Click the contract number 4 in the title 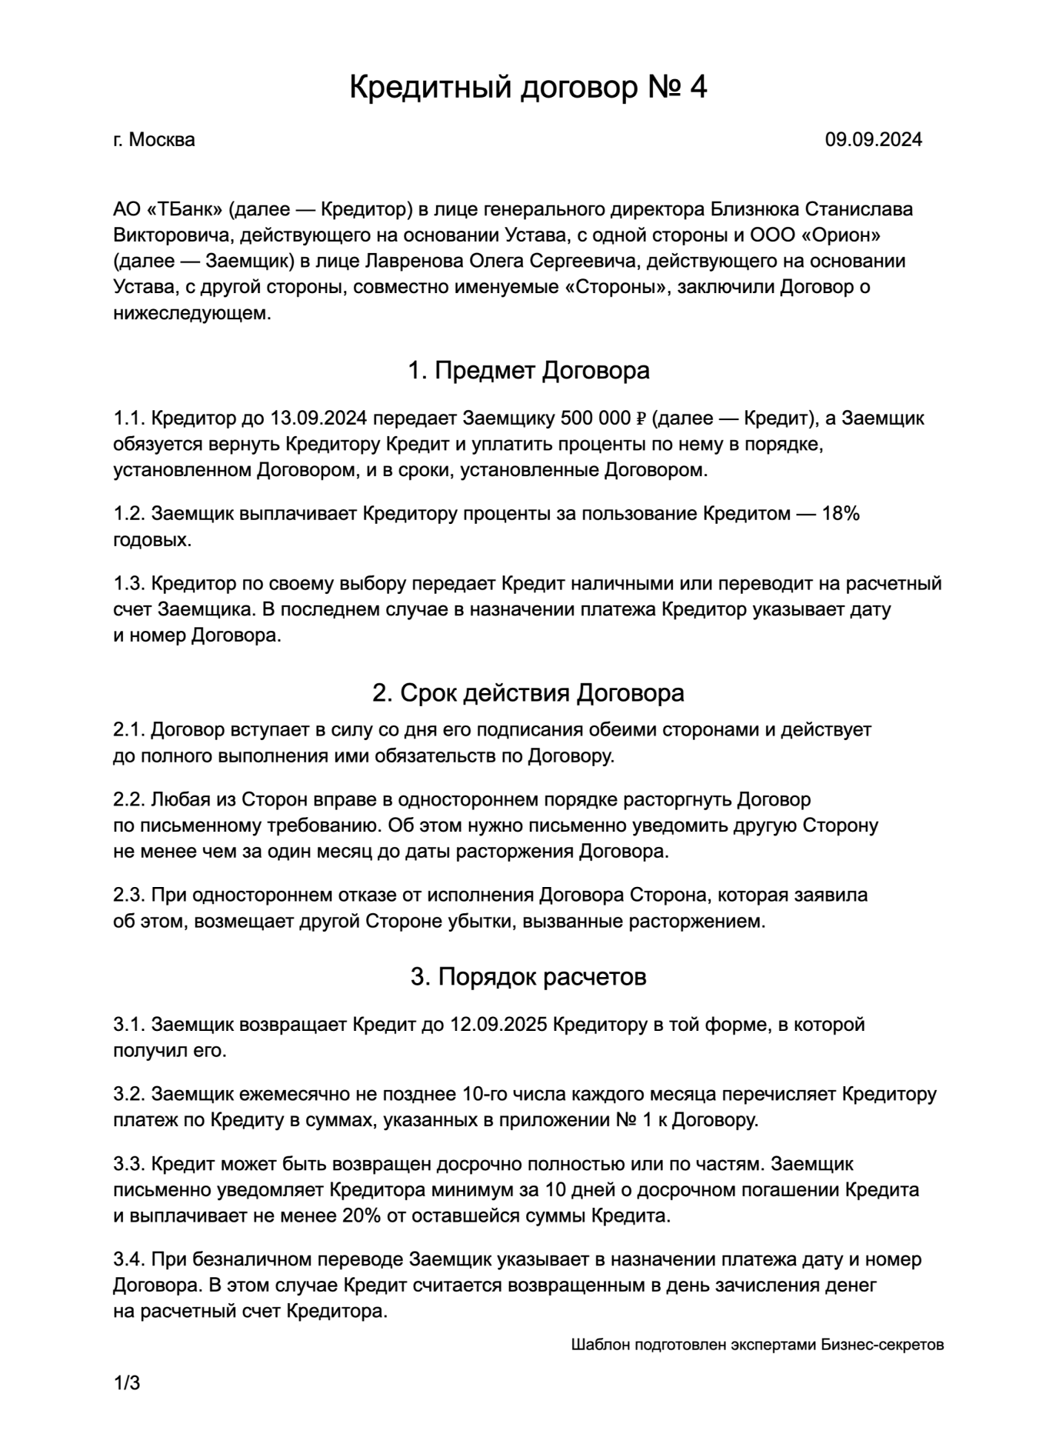[698, 88]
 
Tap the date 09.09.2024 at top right [874, 140]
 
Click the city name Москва [162, 140]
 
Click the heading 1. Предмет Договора [528, 371]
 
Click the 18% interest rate [841, 514]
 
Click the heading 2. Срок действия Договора [528, 693]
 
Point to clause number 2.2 [129, 800]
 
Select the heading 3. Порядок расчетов [528, 977]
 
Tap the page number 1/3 [127, 1383]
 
